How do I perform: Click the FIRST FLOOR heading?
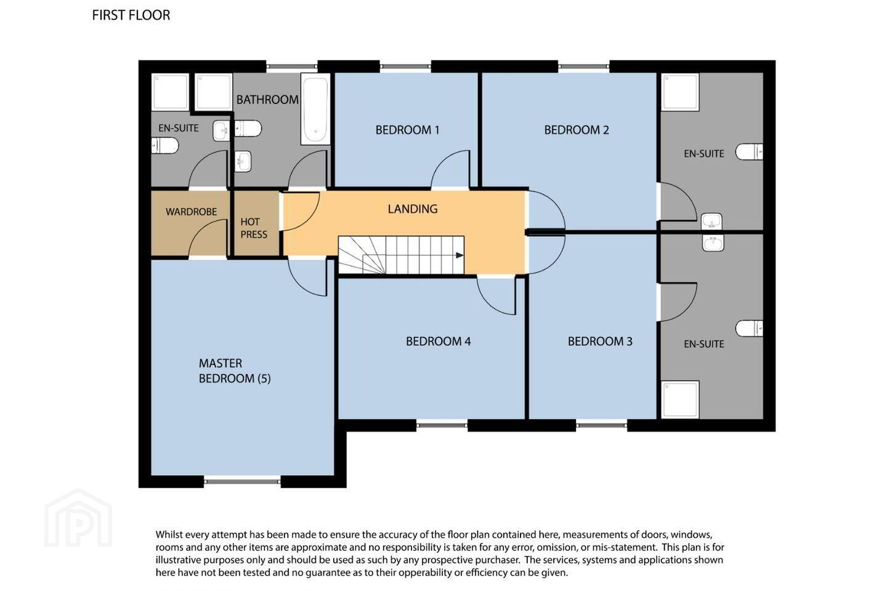(x=131, y=15)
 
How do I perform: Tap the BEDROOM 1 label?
(x=408, y=130)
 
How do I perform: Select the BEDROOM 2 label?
(x=577, y=130)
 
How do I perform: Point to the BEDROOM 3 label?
(x=600, y=341)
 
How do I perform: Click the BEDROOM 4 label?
(x=439, y=341)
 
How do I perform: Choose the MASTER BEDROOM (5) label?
(x=235, y=371)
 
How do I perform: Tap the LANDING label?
(x=413, y=209)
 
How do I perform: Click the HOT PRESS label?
(x=254, y=228)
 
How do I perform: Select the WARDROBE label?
(x=191, y=212)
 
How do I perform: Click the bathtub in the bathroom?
(x=315, y=109)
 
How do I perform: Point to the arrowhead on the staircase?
(x=460, y=255)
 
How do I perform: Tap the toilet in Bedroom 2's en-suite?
(x=749, y=151)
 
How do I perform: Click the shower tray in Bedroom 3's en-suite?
(x=680, y=400)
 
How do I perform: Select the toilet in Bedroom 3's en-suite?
(x=749, y=328)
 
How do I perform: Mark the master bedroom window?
(x=242, y=481)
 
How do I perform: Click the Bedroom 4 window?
(x=442, y=425)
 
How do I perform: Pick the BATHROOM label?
(x=268, y=100)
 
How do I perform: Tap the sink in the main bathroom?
(x=243, y=161)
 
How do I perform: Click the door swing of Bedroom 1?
(x=450, y=168)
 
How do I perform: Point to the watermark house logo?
(x=78, y=518)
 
